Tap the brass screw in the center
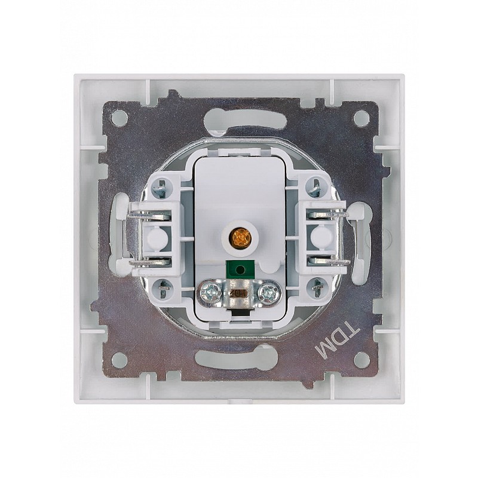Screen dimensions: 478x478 pos(240,237)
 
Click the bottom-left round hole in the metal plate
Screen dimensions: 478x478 pos(119,360)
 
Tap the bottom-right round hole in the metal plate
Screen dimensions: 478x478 pos(361,360)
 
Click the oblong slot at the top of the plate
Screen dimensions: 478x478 pos(240,119)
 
